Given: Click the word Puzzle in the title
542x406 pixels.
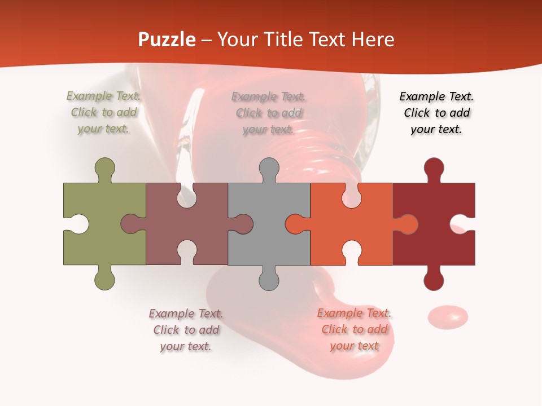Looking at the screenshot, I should point(167,40).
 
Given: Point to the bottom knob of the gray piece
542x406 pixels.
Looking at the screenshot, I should point(269,279).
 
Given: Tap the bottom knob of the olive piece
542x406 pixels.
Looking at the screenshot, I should point(104,279).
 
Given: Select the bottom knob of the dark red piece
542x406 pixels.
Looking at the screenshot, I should point(434,279).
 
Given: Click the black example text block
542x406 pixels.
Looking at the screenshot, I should point(436,113).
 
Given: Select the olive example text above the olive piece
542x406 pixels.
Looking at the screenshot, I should point(104,113).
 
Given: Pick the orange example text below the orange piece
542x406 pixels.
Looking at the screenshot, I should point(354,329).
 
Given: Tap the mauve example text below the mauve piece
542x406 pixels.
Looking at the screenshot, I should point(186,330).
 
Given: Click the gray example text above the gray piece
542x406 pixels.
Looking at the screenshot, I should point(269,113).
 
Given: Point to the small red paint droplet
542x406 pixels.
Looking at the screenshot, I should point(448,316).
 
